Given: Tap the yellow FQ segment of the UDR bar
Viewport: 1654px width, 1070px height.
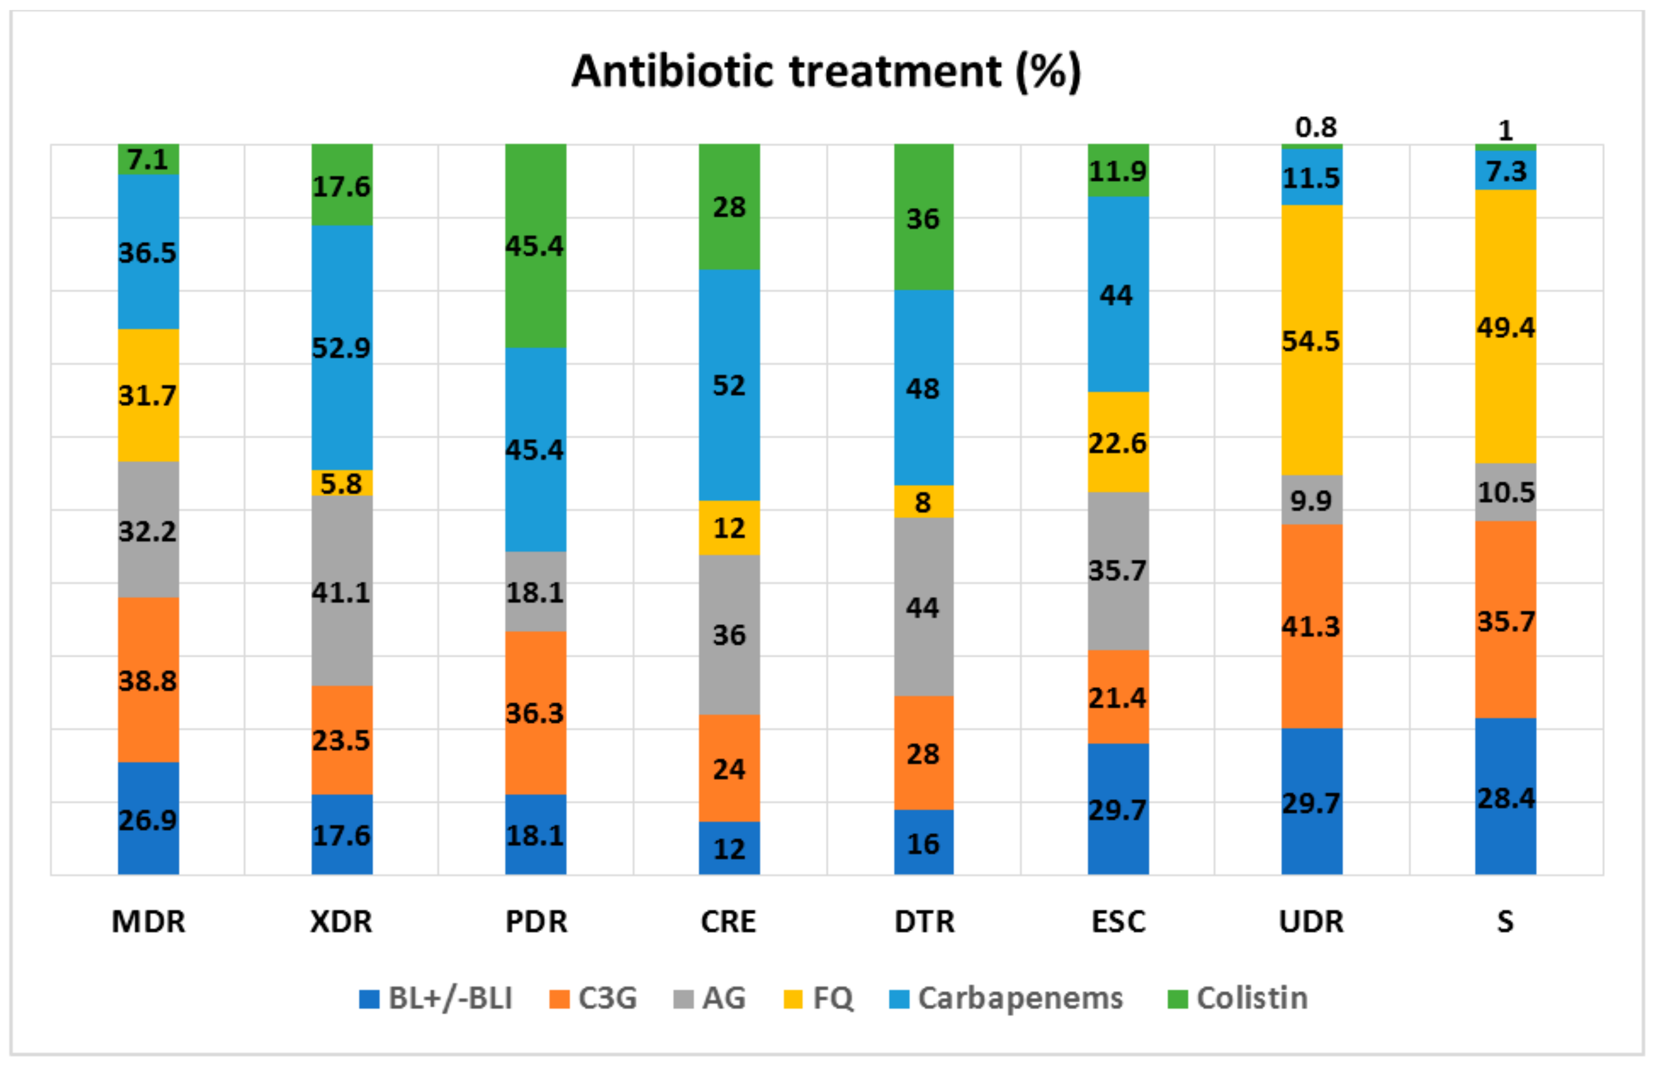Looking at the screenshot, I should click(x=1311, y=340).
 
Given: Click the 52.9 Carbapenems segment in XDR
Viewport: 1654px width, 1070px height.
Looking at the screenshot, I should click(x=341, y=347).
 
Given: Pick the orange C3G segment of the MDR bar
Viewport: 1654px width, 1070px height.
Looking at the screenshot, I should click(x=148, y=679).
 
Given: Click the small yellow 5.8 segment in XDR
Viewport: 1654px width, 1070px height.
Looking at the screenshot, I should click(x=341, y=483).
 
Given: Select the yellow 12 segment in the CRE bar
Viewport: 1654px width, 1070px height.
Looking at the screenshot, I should click(x=729, y=527).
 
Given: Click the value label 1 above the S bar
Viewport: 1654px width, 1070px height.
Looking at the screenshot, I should click(x=1505, y=130).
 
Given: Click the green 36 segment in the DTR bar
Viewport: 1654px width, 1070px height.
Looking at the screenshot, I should click(x=923, y=218).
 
